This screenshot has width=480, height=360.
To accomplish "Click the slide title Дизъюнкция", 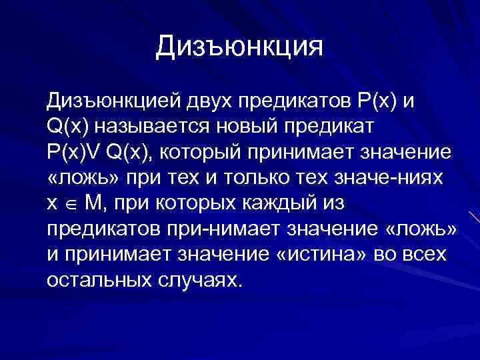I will tap(239, 47).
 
